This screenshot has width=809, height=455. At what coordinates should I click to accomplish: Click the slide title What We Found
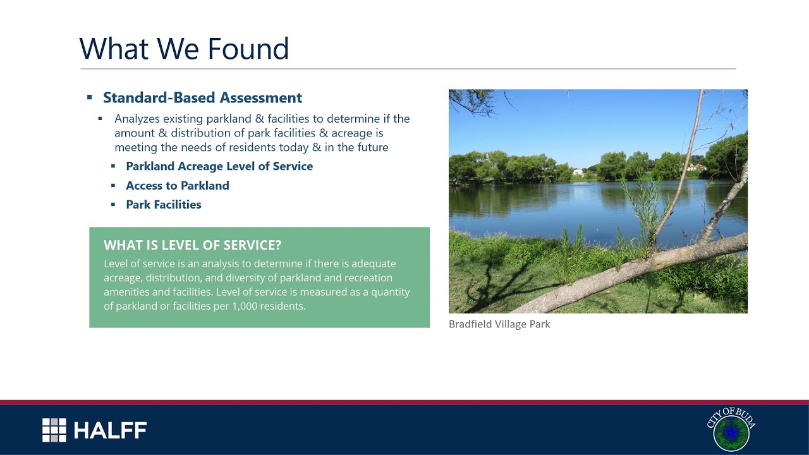[184, 49]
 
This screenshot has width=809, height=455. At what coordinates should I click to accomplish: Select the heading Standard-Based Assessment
[202, 98]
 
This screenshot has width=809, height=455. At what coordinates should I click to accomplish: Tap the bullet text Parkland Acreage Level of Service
[219, 166]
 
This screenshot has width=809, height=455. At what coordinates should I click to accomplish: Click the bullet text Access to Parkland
[177, 186]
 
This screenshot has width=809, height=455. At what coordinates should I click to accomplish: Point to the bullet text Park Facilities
[163, 205]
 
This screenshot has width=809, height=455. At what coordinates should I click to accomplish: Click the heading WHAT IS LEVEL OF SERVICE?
[192, 245]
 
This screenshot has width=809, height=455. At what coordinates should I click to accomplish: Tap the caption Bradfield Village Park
[499, 324]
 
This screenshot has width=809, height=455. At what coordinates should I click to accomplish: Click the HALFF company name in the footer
[110, 431]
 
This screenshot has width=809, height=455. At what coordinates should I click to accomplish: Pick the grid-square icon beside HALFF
[54, 430]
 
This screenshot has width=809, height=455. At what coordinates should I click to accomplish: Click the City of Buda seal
[731, 430]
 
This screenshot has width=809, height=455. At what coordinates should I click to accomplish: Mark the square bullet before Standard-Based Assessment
[90, 97]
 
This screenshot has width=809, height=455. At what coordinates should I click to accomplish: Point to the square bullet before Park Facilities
[114, 204]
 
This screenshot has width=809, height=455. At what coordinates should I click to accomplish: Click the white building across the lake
[578, 172]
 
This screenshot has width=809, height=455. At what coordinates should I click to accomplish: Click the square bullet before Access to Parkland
[114, 185]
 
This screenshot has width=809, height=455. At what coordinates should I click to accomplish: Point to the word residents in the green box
[283, 306]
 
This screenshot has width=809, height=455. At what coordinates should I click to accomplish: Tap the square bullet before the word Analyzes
[100, 118]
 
